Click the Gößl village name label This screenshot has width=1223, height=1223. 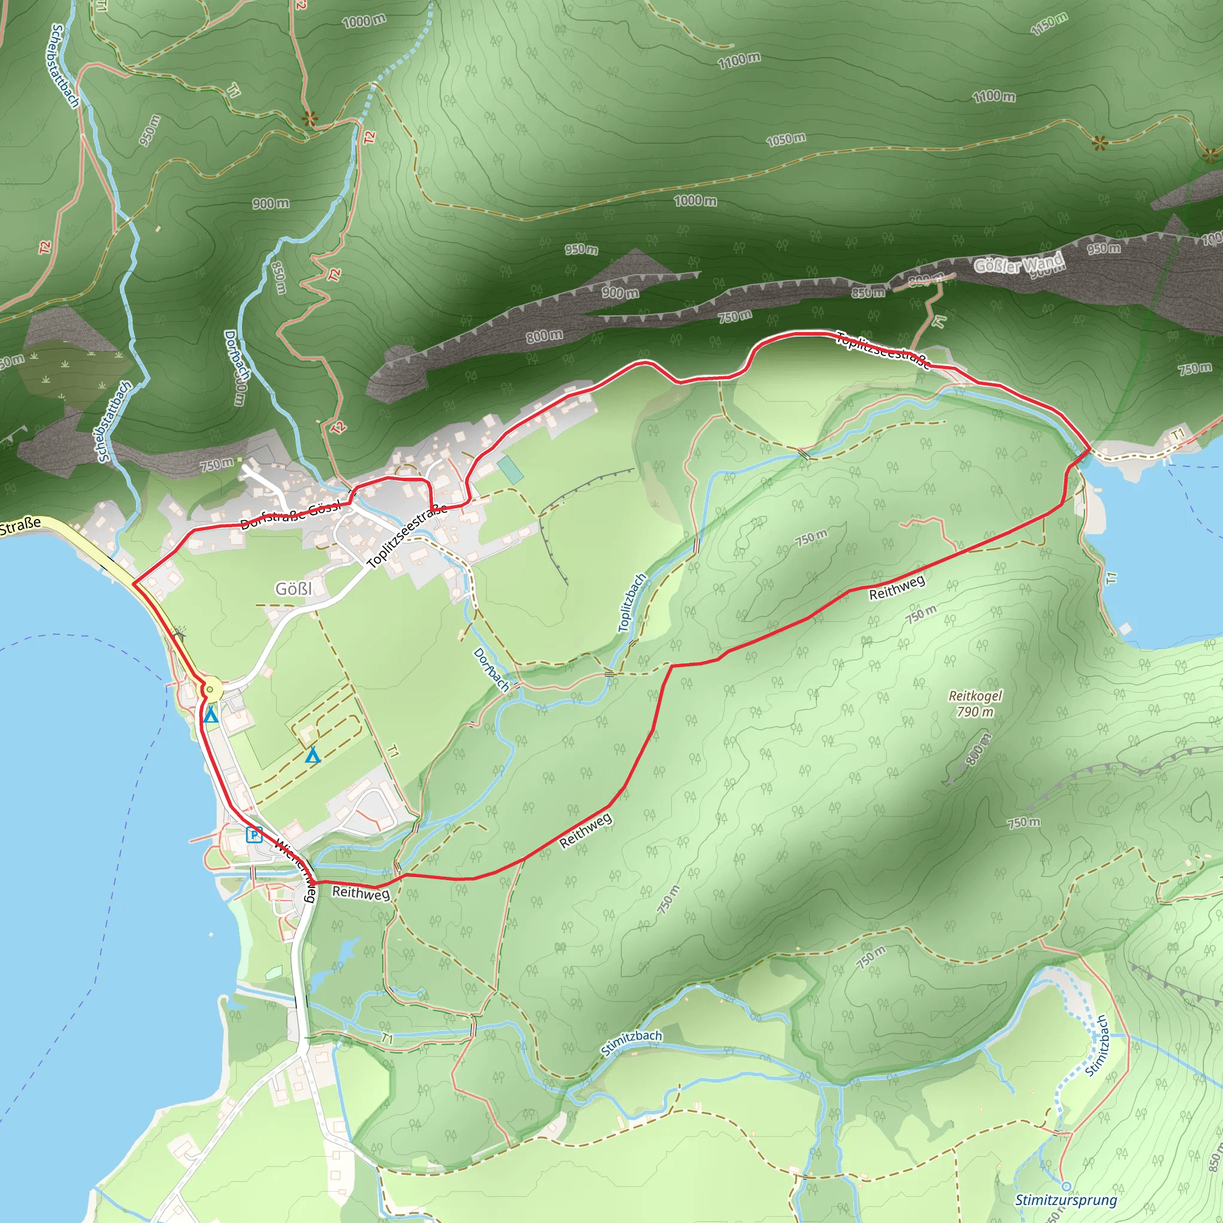tap(294, 589)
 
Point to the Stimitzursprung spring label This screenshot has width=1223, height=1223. tap(1066, 1200)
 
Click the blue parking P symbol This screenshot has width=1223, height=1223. tap(254, 835)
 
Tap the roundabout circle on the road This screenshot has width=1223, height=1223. tap(211, 689)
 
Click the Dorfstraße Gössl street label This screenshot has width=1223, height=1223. tap(291, 514)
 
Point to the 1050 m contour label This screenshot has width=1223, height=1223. tap(786, 139)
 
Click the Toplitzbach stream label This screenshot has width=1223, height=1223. tap(632, 602)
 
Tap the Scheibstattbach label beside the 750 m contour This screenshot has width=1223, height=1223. tap(114, 421)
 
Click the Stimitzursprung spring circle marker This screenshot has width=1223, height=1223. tap(1066, 1185)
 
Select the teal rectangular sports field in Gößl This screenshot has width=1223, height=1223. tap(510, 469)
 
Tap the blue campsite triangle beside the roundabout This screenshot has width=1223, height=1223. tap(211, 715)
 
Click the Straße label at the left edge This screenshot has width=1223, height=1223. tap(20, 526)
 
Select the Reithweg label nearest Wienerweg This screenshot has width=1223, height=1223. tap(361, 893)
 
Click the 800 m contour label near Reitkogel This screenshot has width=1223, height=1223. tap(977, 750)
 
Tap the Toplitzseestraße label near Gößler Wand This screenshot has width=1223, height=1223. tap(883, 349)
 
